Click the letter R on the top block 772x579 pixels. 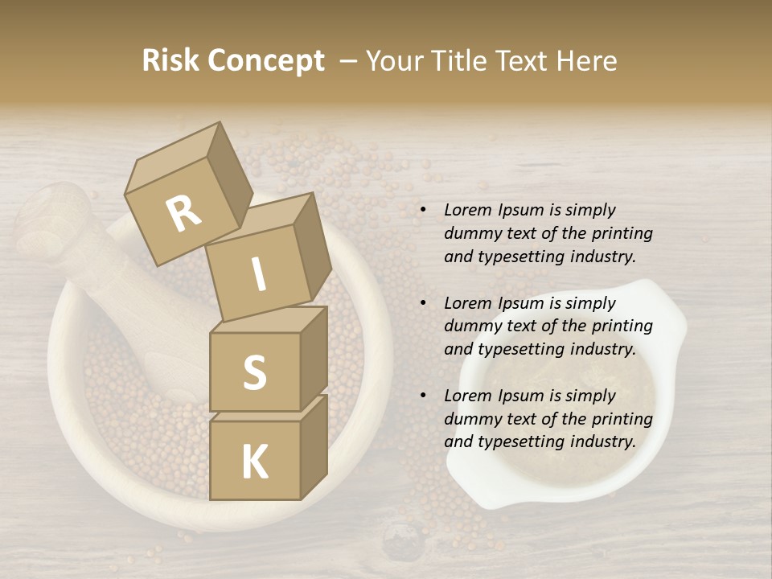pyautogui.click(x=184, y=214)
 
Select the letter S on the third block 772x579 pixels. pyautogui.click(x=254, y=372)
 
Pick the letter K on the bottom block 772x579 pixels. pyautogui.click(x=254, y=462)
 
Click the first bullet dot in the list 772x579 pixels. pyautogui.click(x=423, y=211)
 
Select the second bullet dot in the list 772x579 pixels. pyautogui.click(x=423, y=304)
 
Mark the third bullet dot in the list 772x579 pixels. pyautogui.click(x=423, y=396)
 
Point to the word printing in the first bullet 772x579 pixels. pyautogui.click(x=622, y=234)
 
